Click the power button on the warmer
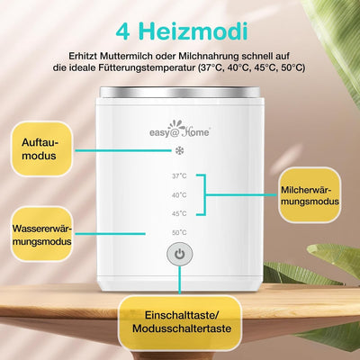tap(180, 255)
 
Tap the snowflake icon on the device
tap(179, 150)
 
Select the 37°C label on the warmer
tap(179, 176)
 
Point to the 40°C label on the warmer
tap(179, 195)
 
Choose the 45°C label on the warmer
tap(179, 213)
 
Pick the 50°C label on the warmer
tap(179, 232)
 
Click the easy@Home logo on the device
tap(180, 130)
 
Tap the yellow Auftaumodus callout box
tap(41, 148)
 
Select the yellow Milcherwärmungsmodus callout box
tap(310, 195)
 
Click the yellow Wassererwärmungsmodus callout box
tap(42, 234)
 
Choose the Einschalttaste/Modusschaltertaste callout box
tap(179, 322)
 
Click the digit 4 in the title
tap(123, 31)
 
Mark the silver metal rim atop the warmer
tap(180, 93)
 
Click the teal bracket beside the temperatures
tap(205, 194)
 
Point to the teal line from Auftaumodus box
tap(123, 150)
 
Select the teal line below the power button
tap(180, 280)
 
